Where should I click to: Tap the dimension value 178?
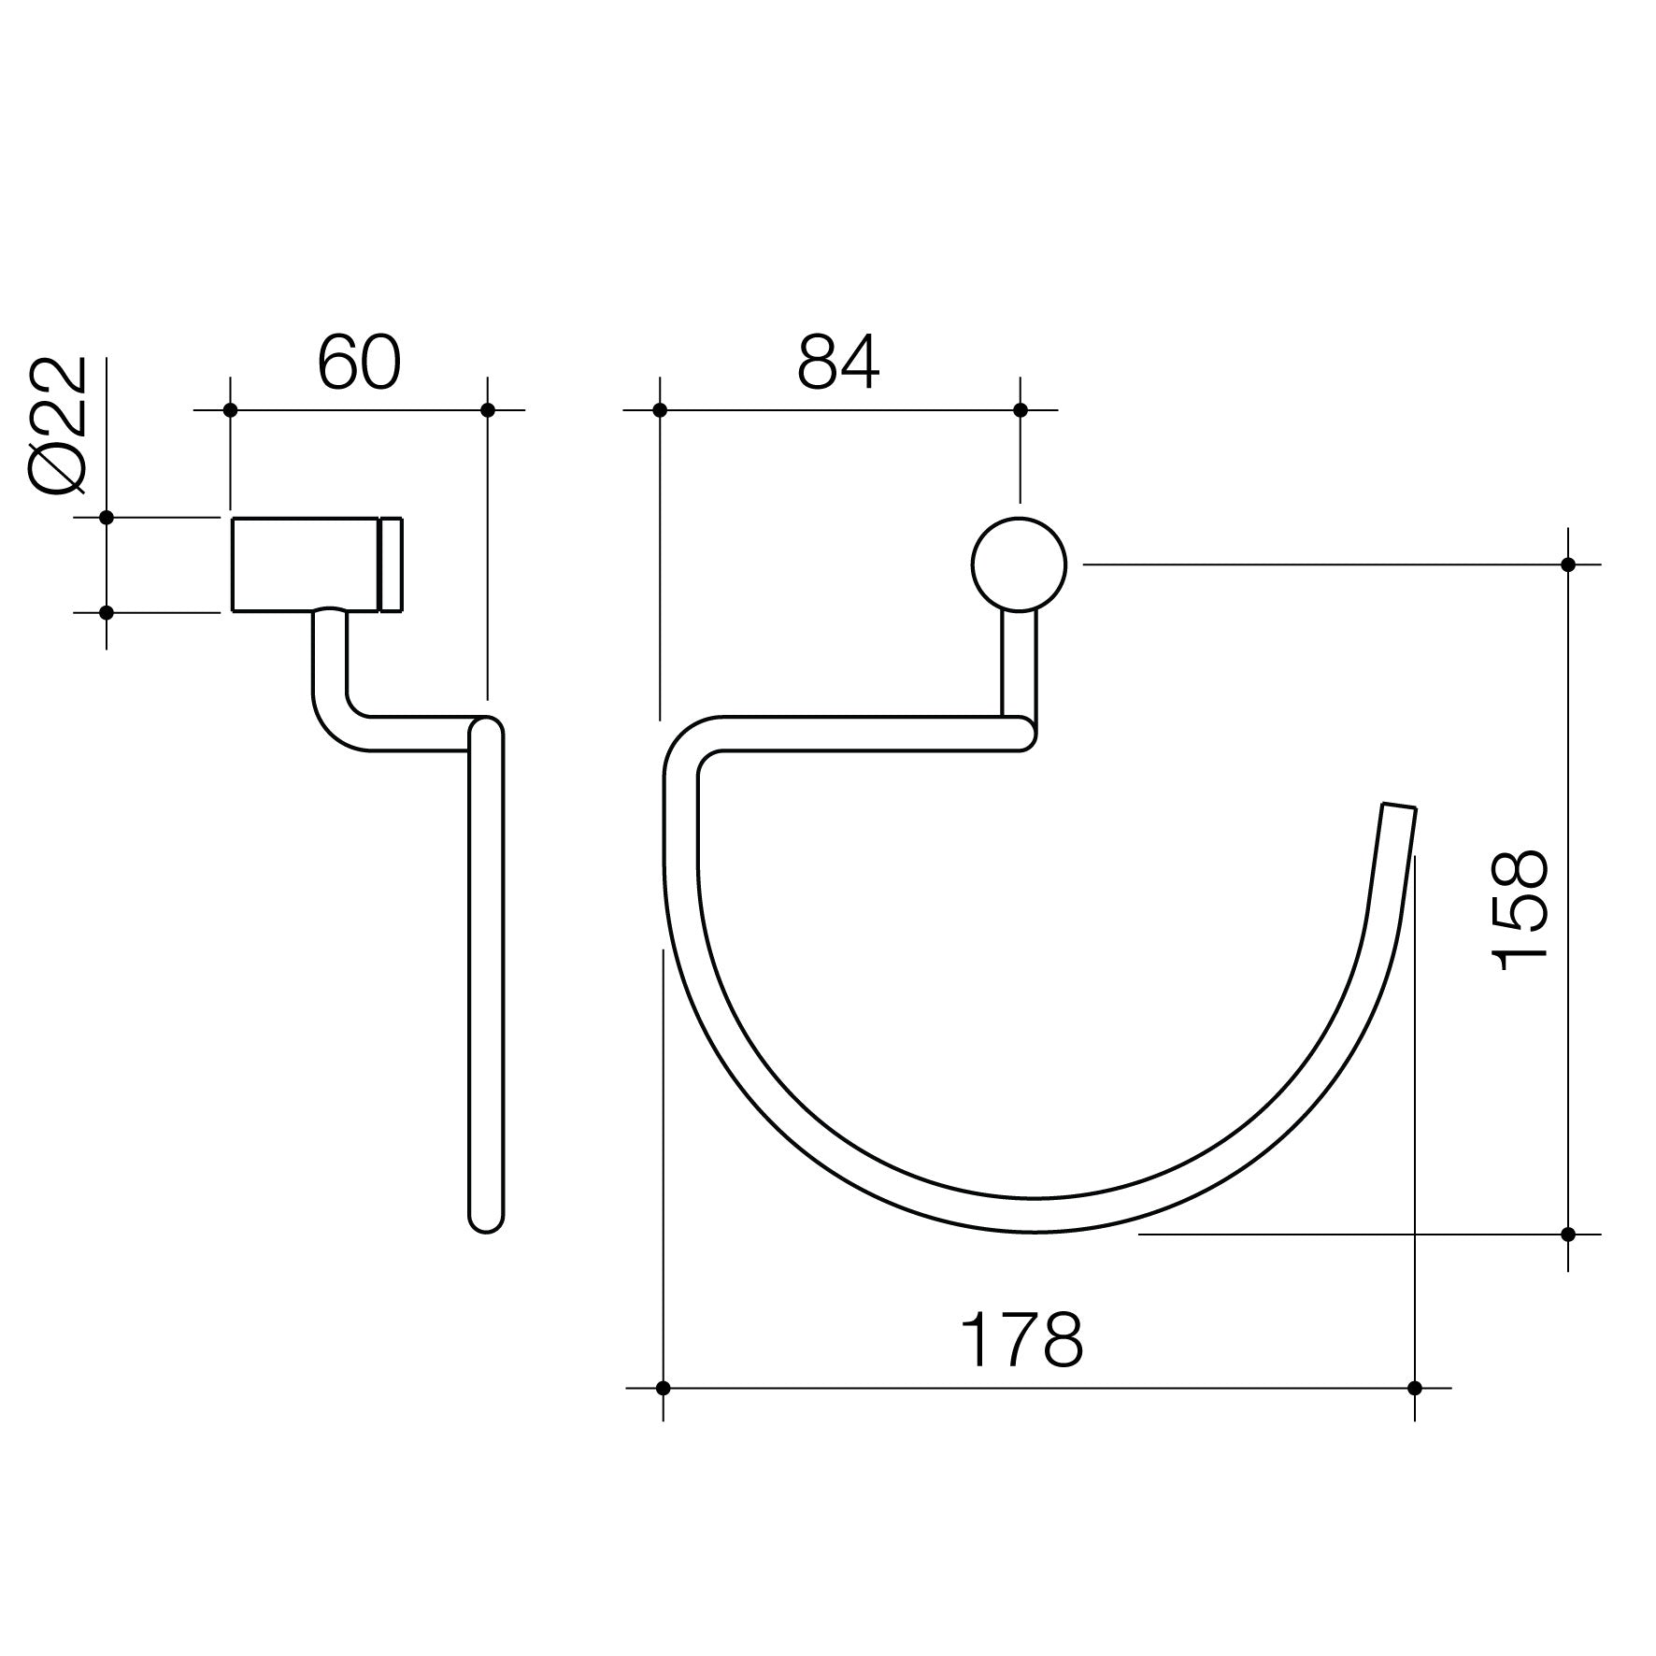coord(1022,1340)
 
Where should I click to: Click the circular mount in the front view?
coord(1019,564)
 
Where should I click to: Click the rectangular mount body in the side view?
coord(305,564)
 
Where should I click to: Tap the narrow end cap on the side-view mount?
coord(391,564)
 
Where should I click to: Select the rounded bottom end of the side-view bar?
coord(486,1221)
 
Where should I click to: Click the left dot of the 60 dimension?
coord(231,410)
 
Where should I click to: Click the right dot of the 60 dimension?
coord(487,410)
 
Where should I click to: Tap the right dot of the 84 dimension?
coord(1021,410)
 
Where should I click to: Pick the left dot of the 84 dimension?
coord(660,410)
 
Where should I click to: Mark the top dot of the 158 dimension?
coord(1568,564)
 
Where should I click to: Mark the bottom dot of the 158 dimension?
coord(1568,1235)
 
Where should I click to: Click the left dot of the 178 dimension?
coord(663,1388)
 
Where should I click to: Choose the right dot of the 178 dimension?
coord(1415,1388)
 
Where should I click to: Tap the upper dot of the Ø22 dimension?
coord(107,517)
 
